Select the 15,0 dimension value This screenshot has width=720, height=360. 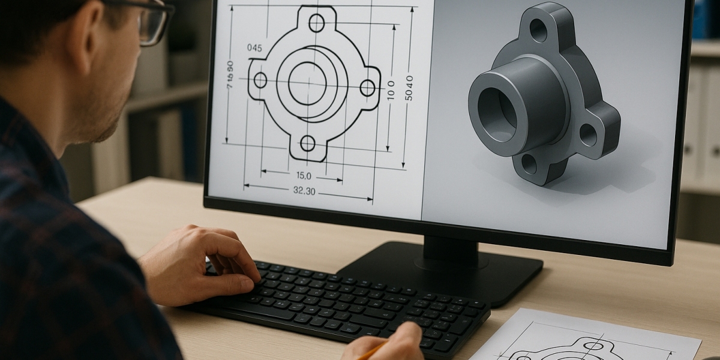click(x=304, y=176)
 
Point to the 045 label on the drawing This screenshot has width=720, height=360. click(x=254, y=49)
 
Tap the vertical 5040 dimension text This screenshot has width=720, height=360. click(x=409, y=88)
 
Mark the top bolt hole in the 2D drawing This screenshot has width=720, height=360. click(x=316, y=23)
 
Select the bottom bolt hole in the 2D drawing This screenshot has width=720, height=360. click(x=308, y=143)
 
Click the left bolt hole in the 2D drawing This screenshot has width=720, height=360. click(x=260, y=80)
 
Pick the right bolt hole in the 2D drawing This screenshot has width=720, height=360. click(x=367, y=88)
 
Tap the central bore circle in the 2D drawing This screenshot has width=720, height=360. click(x=307, y=83)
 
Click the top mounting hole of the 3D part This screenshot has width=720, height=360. click(x=538, y=30)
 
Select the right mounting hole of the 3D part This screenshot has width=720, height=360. click(x=588, y=135)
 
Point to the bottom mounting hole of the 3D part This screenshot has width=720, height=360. click(x=529, y=163)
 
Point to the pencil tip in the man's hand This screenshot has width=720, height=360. click(x=364, y=355)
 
